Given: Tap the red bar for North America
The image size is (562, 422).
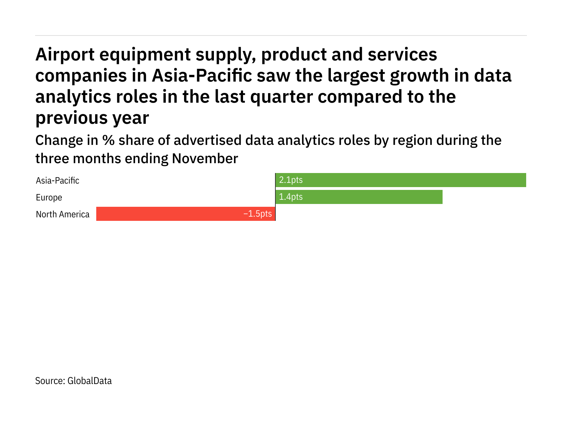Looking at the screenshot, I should (169, 214).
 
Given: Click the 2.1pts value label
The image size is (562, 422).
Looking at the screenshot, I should (291, 180).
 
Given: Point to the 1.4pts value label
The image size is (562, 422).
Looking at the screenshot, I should (291, 197).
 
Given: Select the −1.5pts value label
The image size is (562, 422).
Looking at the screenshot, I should (257, 214).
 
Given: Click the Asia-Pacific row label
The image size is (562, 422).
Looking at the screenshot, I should (58, 181).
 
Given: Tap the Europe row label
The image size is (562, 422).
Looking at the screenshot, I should (49, 198).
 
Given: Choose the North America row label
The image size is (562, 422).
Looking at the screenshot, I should (63, 215).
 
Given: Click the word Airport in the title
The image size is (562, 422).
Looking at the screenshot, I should (65, 55).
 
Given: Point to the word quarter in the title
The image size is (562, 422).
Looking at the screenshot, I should (281, 97).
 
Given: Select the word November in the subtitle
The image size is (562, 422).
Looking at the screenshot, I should (205, 159).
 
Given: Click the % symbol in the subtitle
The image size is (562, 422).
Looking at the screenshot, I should (108, 140).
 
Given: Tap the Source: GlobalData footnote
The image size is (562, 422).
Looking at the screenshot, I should (73, 381).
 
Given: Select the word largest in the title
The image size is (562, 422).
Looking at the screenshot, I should (356, 76).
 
